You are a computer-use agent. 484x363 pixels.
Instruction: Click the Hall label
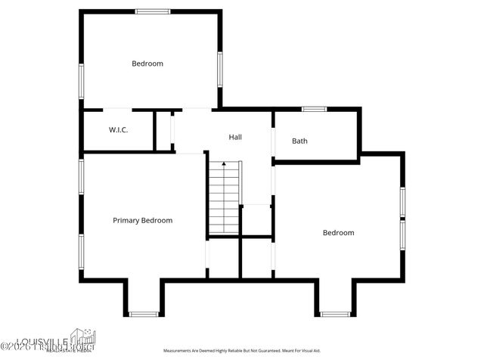tap(235, 138)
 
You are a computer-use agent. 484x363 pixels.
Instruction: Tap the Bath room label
tap(300, 141)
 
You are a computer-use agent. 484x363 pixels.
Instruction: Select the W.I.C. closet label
tap(118, 130)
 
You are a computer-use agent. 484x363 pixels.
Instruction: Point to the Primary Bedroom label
tap(142, 221)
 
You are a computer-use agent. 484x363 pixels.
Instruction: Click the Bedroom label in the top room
tap(147, 64)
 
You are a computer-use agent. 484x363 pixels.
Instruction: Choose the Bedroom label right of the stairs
tap(338, 233)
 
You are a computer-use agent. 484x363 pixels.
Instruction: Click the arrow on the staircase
tap(224, 164)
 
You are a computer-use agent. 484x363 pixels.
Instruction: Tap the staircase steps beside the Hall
tap(224, 200)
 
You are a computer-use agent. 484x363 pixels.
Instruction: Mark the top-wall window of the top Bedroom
tap(153, 11)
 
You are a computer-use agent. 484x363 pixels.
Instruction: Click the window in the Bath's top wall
tap(314, 109)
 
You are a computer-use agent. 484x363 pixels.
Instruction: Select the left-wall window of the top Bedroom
tap(81, 80)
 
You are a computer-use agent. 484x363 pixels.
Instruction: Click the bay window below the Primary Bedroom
tap(143, 314)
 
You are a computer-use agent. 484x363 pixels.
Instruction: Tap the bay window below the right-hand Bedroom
tap(334, 314)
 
